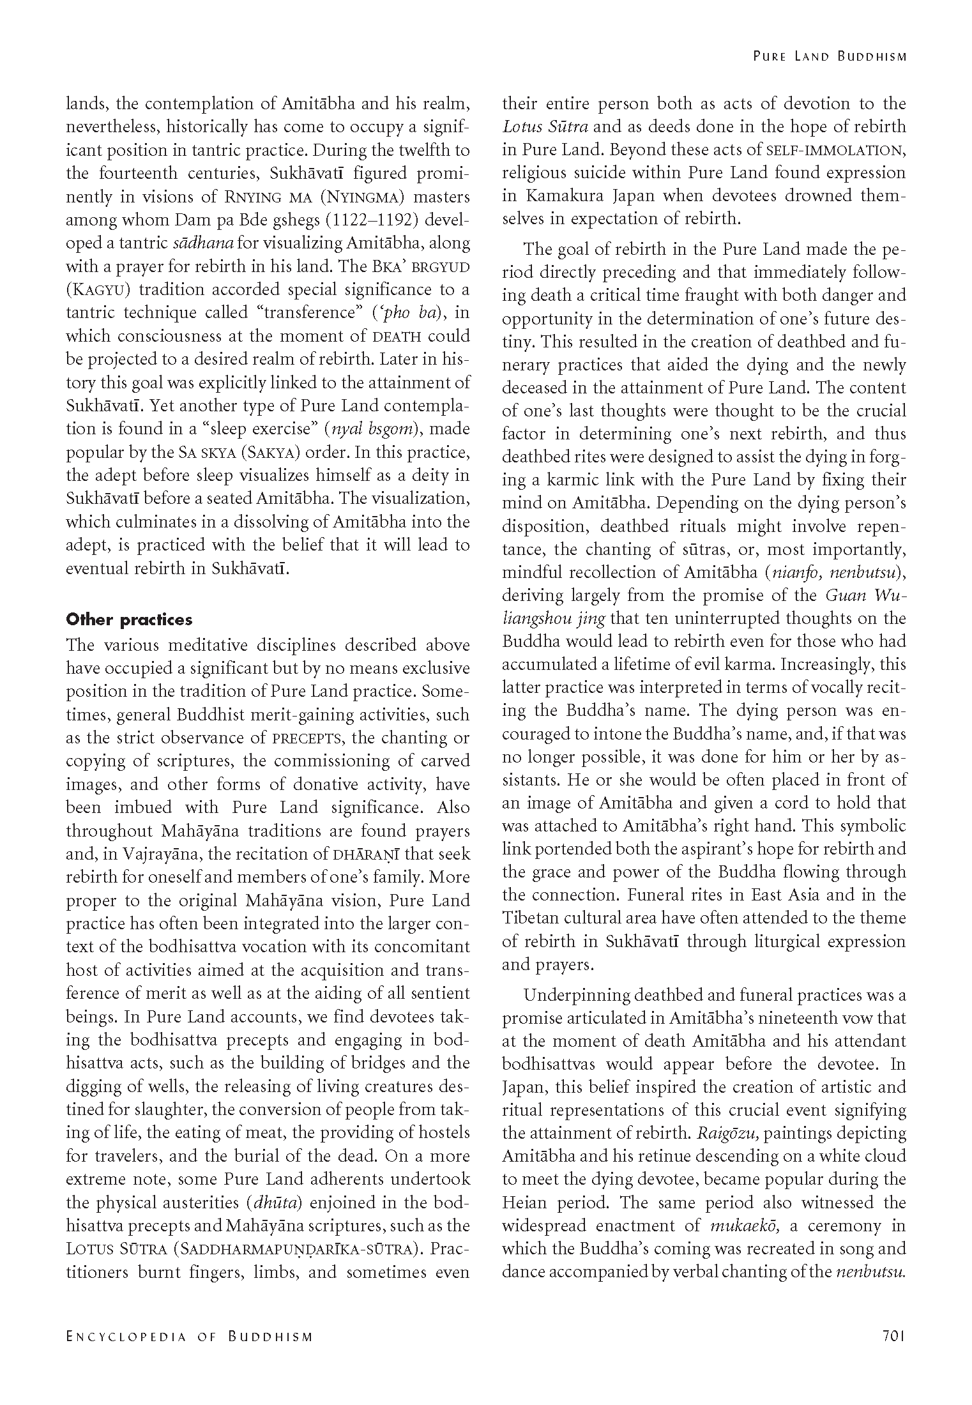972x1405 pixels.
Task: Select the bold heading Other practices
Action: (129, 619)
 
